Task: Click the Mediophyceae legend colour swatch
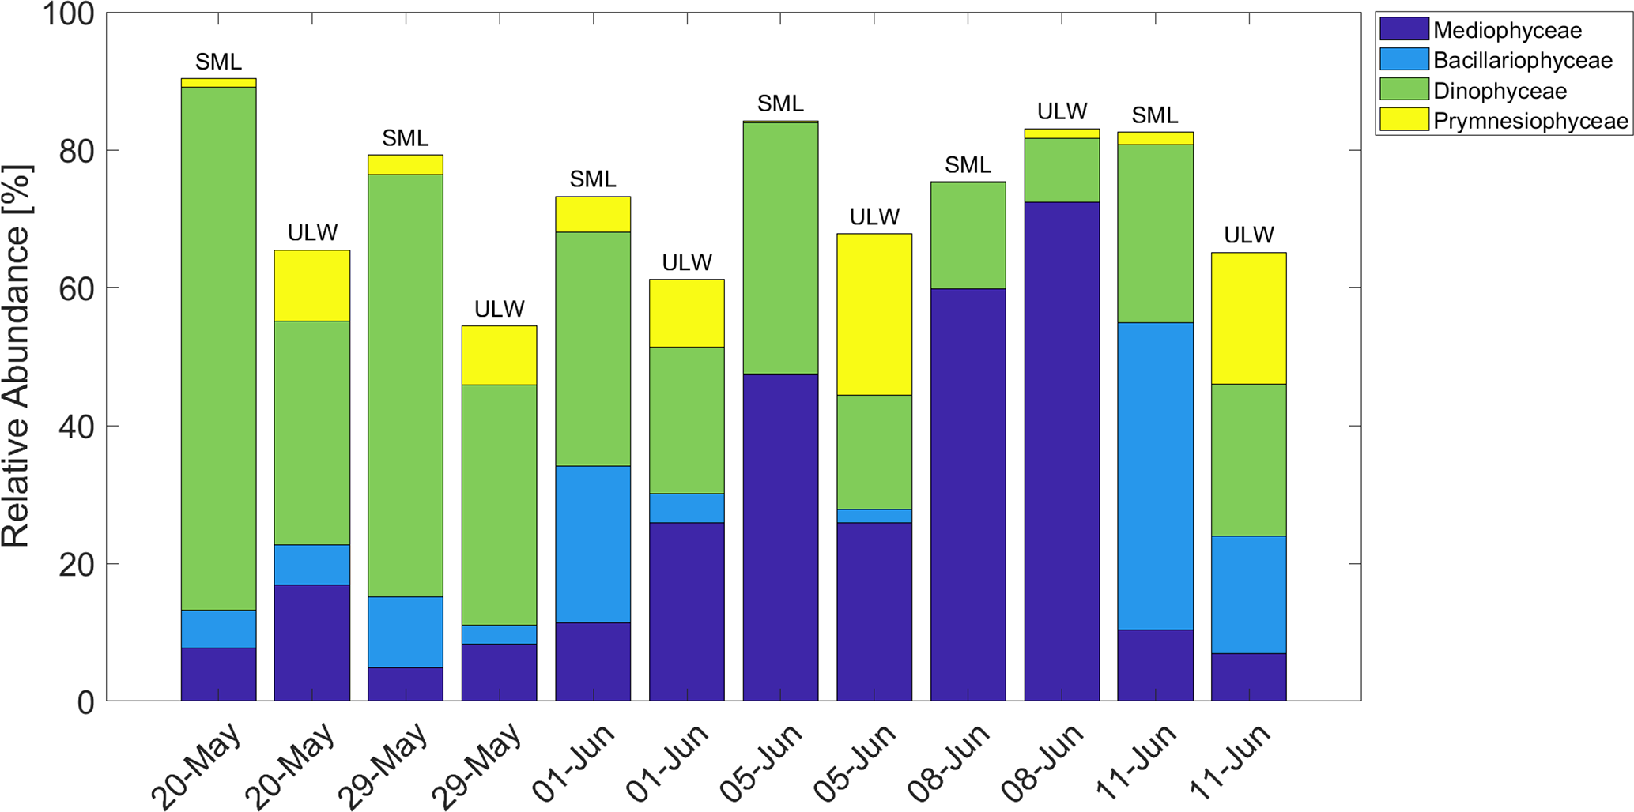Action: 1404,30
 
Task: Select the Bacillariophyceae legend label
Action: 1523,61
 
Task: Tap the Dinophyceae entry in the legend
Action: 1500,91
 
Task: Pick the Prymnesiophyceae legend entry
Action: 1530,121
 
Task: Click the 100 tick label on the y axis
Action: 68,13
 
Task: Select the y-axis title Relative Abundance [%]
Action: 16,355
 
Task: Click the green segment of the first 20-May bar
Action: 218,348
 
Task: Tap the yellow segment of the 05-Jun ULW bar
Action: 874,314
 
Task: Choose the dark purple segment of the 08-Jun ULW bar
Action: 1062,450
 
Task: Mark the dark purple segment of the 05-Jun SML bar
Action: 780,537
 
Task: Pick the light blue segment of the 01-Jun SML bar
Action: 593,544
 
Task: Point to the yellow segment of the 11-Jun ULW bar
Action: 1249,318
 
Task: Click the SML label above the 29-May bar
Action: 406,139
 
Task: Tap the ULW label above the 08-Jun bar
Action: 1062,112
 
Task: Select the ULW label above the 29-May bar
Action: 499,309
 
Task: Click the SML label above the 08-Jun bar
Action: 968,166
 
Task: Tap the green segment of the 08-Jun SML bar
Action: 968,235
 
